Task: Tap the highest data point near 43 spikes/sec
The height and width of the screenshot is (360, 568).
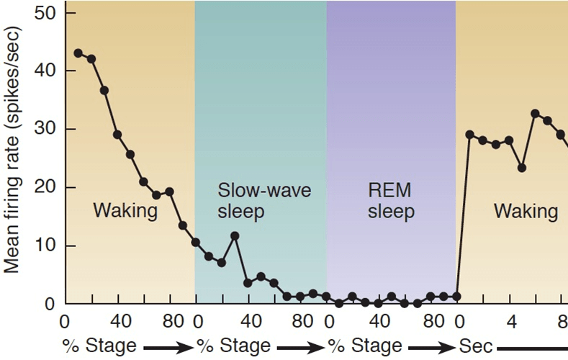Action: tap(78, 53)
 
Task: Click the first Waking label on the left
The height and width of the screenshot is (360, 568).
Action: tap(125, 211)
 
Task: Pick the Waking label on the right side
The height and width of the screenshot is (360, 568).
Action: tap(526, 211)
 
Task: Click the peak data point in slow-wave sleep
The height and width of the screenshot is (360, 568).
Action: tap(235, 235)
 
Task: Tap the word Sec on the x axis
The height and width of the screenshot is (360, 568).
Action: tap(476, 346)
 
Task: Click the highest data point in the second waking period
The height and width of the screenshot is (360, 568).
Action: tap(535, 114)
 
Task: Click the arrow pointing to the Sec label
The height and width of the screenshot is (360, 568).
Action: tap(430, 346)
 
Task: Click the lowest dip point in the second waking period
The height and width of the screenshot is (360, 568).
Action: tap(522, 168)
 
